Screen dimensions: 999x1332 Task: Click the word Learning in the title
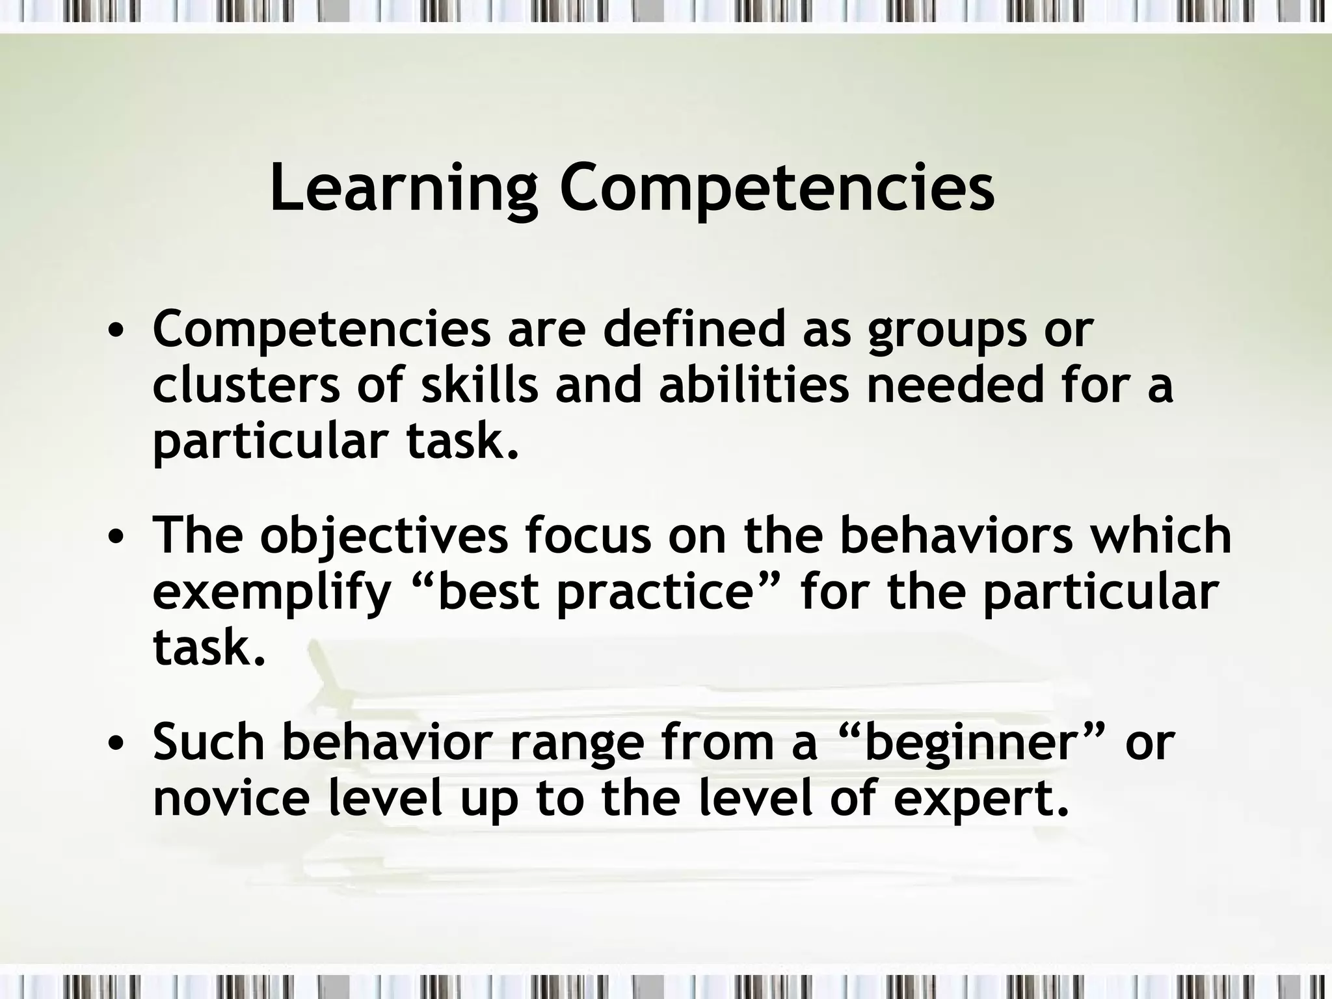click(403, 189)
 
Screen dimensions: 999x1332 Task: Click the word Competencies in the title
click(777, 189)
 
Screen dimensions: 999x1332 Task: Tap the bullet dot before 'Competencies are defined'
click(116, 332)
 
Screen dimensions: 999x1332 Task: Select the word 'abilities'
click(754, 384)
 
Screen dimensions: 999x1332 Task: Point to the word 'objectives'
click(384, 537)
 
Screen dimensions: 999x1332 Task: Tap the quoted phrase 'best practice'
click(596, 593)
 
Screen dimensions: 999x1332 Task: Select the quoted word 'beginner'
click(968, 743)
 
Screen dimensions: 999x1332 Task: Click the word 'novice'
click(232, 798)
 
